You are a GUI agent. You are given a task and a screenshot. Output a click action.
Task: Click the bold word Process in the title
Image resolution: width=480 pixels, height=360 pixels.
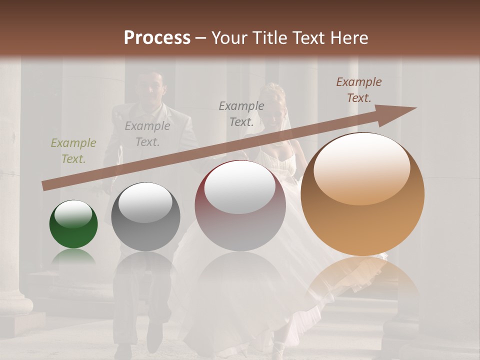(157, 37)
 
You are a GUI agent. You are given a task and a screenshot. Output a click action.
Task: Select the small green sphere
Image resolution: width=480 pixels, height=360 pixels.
(73, 224)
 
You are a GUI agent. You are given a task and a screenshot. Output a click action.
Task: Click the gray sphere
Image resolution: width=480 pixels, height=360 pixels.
(145, 216)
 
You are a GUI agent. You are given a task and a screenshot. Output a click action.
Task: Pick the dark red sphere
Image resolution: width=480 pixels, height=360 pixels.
(240, 206)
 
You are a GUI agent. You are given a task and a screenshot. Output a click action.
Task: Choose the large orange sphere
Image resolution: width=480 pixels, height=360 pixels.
(362, 194)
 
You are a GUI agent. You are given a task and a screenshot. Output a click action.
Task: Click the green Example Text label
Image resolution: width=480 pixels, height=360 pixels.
(73, 151)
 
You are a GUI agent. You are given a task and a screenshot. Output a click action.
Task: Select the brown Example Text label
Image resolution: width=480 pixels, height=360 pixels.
(359, 90)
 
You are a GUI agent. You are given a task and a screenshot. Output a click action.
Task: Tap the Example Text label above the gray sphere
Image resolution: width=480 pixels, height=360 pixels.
(147, 134)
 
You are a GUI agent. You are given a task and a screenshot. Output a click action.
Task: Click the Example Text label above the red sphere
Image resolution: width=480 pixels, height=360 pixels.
(241, 113)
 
